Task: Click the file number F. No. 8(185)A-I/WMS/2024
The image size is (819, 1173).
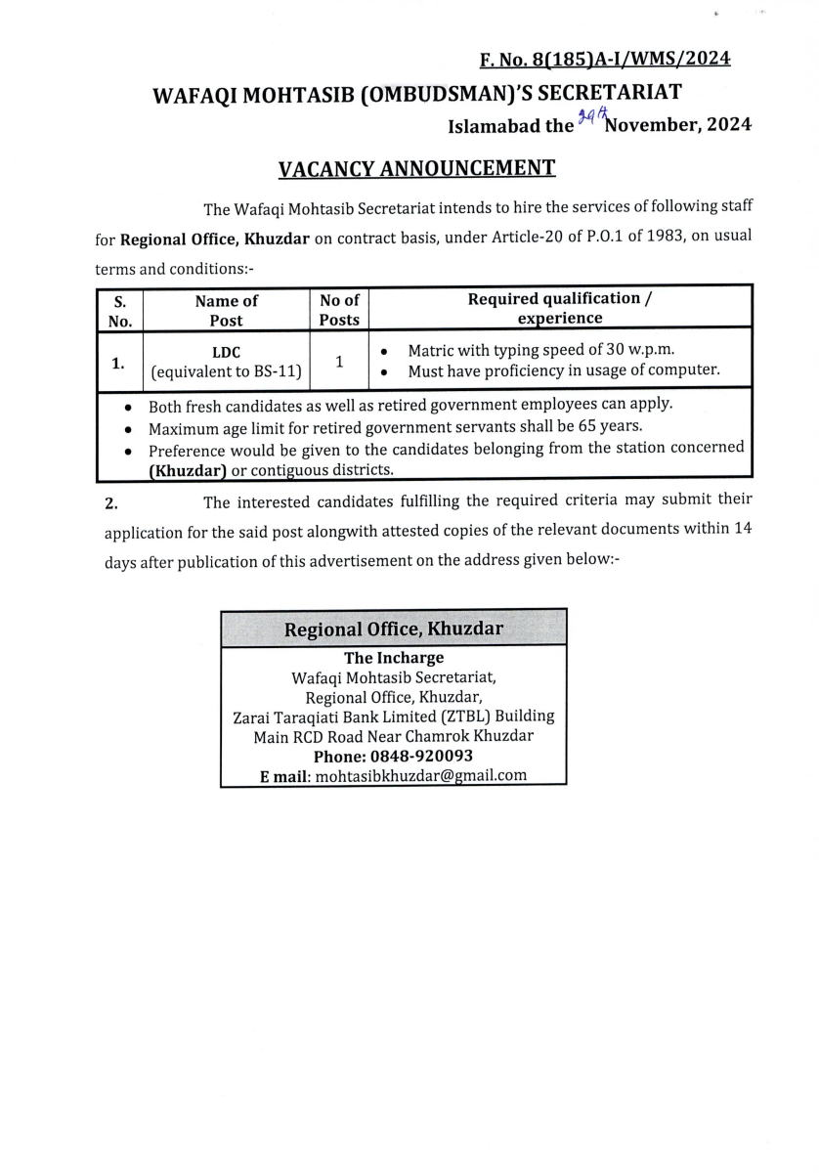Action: (x=605, y=60)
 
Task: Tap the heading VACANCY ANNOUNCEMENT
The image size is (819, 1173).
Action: (x=417, y=168)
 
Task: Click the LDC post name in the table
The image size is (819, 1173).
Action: (x=226, y=352)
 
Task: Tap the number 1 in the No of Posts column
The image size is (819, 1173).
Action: (x=339, y=361)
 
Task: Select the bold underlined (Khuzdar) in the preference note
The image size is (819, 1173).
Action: (x=188, y=470)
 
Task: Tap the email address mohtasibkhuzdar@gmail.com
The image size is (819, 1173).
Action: (x=421, y=775)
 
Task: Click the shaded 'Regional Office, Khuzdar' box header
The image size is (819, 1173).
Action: (x=394, y=629)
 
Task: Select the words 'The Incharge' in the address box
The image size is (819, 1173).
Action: (x=394, y=658)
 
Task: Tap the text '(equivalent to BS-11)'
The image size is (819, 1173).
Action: (x=226, y=370)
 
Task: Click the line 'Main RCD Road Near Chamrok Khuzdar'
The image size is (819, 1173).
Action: (x=393, y=736)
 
